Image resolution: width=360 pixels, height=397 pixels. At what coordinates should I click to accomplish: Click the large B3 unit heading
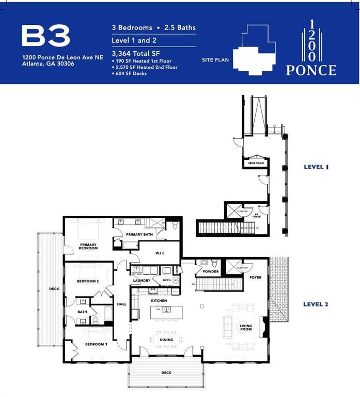(x=46, y=36)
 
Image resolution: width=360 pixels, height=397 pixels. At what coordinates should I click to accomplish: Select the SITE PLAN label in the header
(x=215, y=60)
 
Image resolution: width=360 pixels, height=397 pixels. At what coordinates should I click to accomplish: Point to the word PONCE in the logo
(x=311, y=70)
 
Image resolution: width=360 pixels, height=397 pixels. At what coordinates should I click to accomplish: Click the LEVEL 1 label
(x=316, y=166)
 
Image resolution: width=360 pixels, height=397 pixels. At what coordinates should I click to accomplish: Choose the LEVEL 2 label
(x=316, y=304)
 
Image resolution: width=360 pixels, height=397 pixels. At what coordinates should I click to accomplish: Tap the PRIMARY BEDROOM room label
(x=88, y=246)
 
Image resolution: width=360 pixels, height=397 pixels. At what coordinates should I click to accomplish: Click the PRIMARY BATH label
(x=138, y=235)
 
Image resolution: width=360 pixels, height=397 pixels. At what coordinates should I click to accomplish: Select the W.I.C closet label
(x=160, y=253)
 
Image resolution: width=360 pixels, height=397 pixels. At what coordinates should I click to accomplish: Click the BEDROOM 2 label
(x=88, y=281)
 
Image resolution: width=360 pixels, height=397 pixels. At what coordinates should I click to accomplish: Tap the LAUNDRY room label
(x=141, y=281)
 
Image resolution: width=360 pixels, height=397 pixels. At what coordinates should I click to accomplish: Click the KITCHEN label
(x=158, y=300)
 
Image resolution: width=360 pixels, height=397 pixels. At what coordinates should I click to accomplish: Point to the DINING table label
(x=166, y=340)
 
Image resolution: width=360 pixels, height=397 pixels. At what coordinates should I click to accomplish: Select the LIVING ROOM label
(x=245, y=327)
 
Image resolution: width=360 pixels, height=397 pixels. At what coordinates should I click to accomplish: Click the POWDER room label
(x=211, y=271)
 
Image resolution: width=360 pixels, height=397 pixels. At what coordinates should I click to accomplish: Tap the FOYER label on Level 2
(x=255, y=278)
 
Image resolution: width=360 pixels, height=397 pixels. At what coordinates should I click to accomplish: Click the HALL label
(x=121, y=304)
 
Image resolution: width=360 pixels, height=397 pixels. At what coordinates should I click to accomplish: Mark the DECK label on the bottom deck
(x=166, y=372)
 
